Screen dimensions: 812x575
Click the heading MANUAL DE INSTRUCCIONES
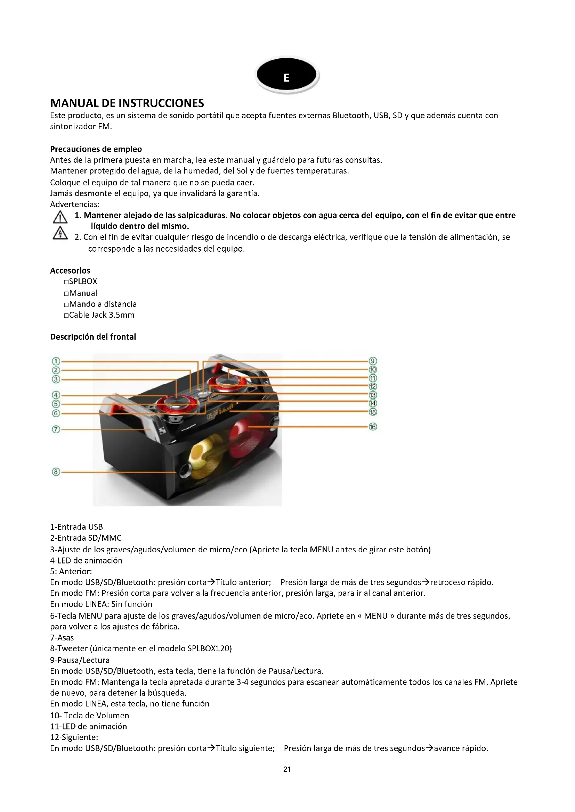[x=127, y=103]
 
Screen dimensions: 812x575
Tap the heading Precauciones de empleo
[x=96, y=149]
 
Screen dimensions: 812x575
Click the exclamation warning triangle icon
[x=60, y=217]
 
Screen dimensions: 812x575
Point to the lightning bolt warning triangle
[x=60, y=233]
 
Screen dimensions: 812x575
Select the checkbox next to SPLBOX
[x=66, y=282]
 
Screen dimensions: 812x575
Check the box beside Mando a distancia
[x=66, y=304]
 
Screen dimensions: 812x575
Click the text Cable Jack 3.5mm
[x=102, y=315]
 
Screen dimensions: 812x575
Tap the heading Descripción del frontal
[x=93, y=337]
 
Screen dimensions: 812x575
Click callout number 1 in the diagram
[x=56, y=361]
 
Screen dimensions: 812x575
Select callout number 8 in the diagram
[x=56, y=472]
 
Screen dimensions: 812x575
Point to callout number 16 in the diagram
[x=373, y=427]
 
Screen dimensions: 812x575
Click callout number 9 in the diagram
[x=373, y=361]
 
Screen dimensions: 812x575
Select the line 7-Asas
[x=62, y=637]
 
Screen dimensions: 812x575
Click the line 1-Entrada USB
[x=76, y=527]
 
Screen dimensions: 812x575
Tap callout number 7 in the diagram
[x=56, y=429]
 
